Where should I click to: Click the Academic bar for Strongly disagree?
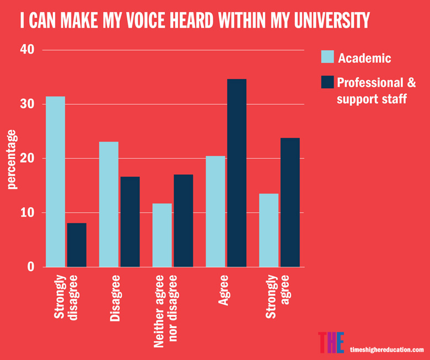pos(55,182)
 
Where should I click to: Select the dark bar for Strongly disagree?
pos(77,245)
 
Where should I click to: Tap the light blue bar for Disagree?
pos(109,205)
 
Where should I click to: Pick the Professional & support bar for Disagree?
pos(130,222)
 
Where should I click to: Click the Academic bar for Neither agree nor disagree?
pos(162,235)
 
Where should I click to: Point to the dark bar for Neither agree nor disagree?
pos(184,221)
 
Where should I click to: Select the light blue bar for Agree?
pos(216,212)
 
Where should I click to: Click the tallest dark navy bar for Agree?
pos(237,173)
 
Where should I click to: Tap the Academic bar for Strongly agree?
pos(269,230)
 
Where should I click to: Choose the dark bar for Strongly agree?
pos(290,202)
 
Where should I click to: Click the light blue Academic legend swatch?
pos(327,57)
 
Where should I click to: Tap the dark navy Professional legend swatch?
pos(327,83)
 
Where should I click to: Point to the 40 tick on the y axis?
pos(28,50)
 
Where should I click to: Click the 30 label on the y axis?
pos(28,104)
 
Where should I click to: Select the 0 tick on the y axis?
pos(31,267)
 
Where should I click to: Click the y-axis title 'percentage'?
pos(12,159)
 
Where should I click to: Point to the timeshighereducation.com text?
pos(387,350)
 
